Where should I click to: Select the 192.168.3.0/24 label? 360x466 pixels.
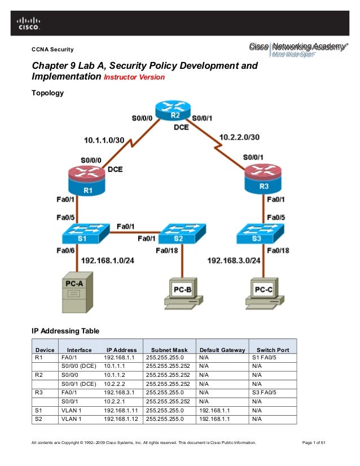tap(234, 261)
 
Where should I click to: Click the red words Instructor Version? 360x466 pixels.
tap(134, 77)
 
